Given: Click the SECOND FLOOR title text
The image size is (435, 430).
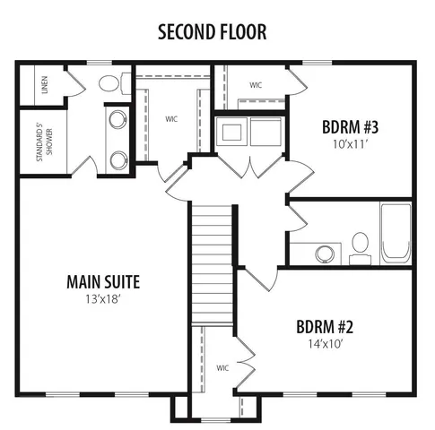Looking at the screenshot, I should tap(212, 32).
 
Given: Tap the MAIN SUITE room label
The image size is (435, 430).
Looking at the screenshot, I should tap(103, 282).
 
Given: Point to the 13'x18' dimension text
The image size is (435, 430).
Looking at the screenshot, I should tap(103, 299).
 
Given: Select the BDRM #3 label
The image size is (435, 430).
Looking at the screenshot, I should tap(350, 125).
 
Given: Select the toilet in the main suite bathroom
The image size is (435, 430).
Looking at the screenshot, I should tap(109, 85).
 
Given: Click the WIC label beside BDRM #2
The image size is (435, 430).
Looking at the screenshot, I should tap(222, 367).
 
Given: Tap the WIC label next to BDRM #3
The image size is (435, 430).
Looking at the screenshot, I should tap(256, 86).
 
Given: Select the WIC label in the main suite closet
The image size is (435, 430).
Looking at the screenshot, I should tap(171, 118).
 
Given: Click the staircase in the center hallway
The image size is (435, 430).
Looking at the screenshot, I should tap(212, 260).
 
